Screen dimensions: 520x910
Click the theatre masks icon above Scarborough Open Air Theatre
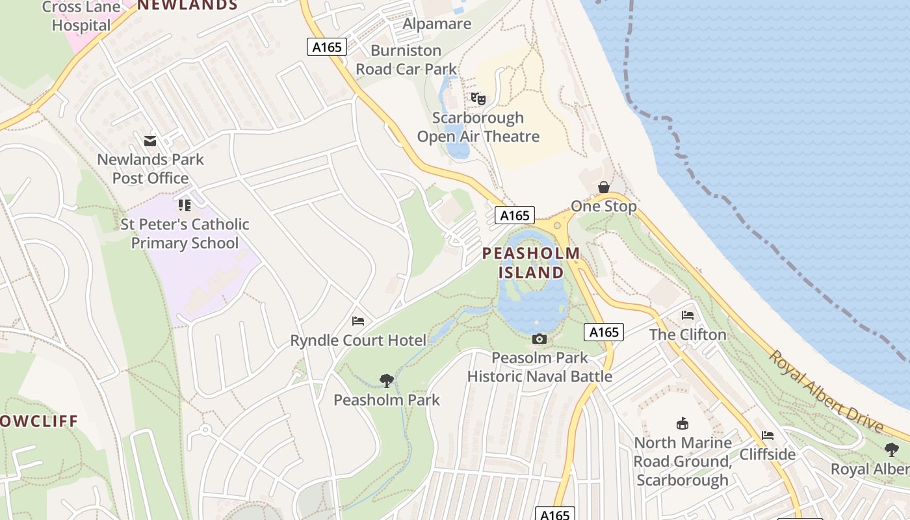(x=478, y=99)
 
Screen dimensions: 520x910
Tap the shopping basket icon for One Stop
(x=604, y=187)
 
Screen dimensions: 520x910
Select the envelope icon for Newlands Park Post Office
(x=150, y=140)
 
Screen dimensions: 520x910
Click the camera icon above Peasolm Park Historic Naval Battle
(x=539, y=339)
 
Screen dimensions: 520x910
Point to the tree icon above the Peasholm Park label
(x=387, y=380)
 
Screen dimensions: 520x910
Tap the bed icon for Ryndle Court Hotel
(x=357, y=320)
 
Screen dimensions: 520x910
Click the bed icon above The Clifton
(x=688, y=315)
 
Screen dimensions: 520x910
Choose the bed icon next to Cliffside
(x=768, y=435)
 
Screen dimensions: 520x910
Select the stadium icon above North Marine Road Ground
(x=682, y=424)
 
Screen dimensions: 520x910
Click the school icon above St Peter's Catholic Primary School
(x=185, y=205)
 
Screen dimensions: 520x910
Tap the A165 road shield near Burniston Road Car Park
(x=326, y=46)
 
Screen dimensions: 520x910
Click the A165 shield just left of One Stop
(x=515, y=215)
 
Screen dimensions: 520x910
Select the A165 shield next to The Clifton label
(x=604, y=332)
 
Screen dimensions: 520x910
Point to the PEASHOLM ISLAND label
(x=532, y=263)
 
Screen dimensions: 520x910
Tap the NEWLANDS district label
(x=187, y=5)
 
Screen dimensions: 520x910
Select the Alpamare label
(x=437, y=24)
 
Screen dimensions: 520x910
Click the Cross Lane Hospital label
(x=81, y=17)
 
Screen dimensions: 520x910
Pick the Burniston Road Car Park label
(x=406, y=60)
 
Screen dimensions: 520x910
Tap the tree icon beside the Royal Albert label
(x=892, y=449)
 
